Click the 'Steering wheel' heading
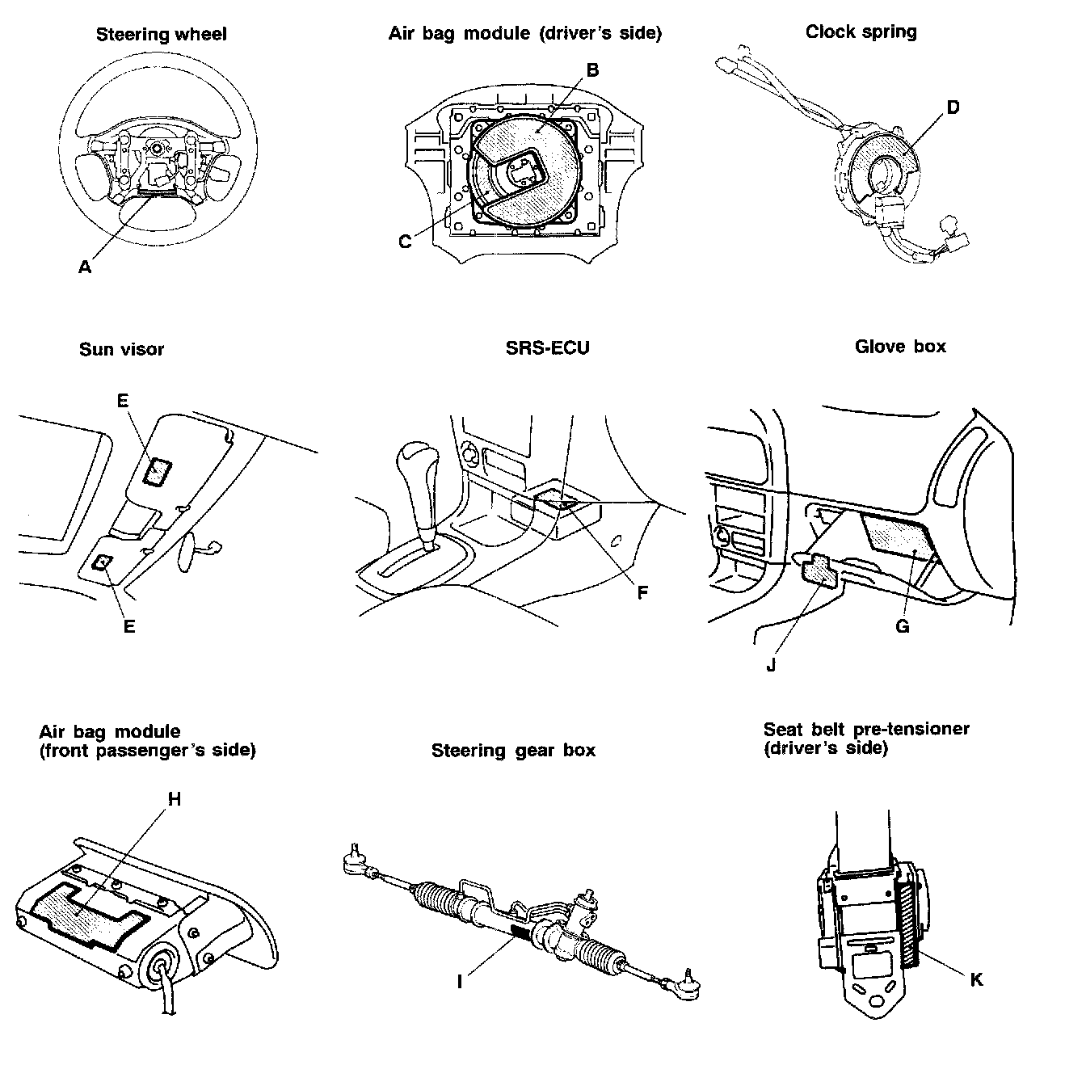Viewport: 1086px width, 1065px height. (161, 34)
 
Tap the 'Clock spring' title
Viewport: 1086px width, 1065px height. (861, 32)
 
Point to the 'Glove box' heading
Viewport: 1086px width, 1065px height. (900, 347)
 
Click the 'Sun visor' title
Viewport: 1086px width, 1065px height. (121, 349)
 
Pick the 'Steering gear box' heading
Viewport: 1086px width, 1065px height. (513, 750)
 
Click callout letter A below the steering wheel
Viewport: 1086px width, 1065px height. (85, 267)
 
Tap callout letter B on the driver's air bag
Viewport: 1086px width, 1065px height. (592, 70)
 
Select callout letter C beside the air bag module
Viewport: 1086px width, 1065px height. (406, 241)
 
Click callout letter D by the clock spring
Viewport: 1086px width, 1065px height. (953, 107)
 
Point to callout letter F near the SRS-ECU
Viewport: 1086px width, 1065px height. (642, 593)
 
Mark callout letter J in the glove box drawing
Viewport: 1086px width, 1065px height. (771, 666)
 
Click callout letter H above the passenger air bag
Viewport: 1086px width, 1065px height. (174, 799)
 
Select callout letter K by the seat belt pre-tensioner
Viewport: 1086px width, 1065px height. (976, 979)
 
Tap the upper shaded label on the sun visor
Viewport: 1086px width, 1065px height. (156, 470)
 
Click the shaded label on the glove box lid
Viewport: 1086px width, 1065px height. (895, 536)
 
